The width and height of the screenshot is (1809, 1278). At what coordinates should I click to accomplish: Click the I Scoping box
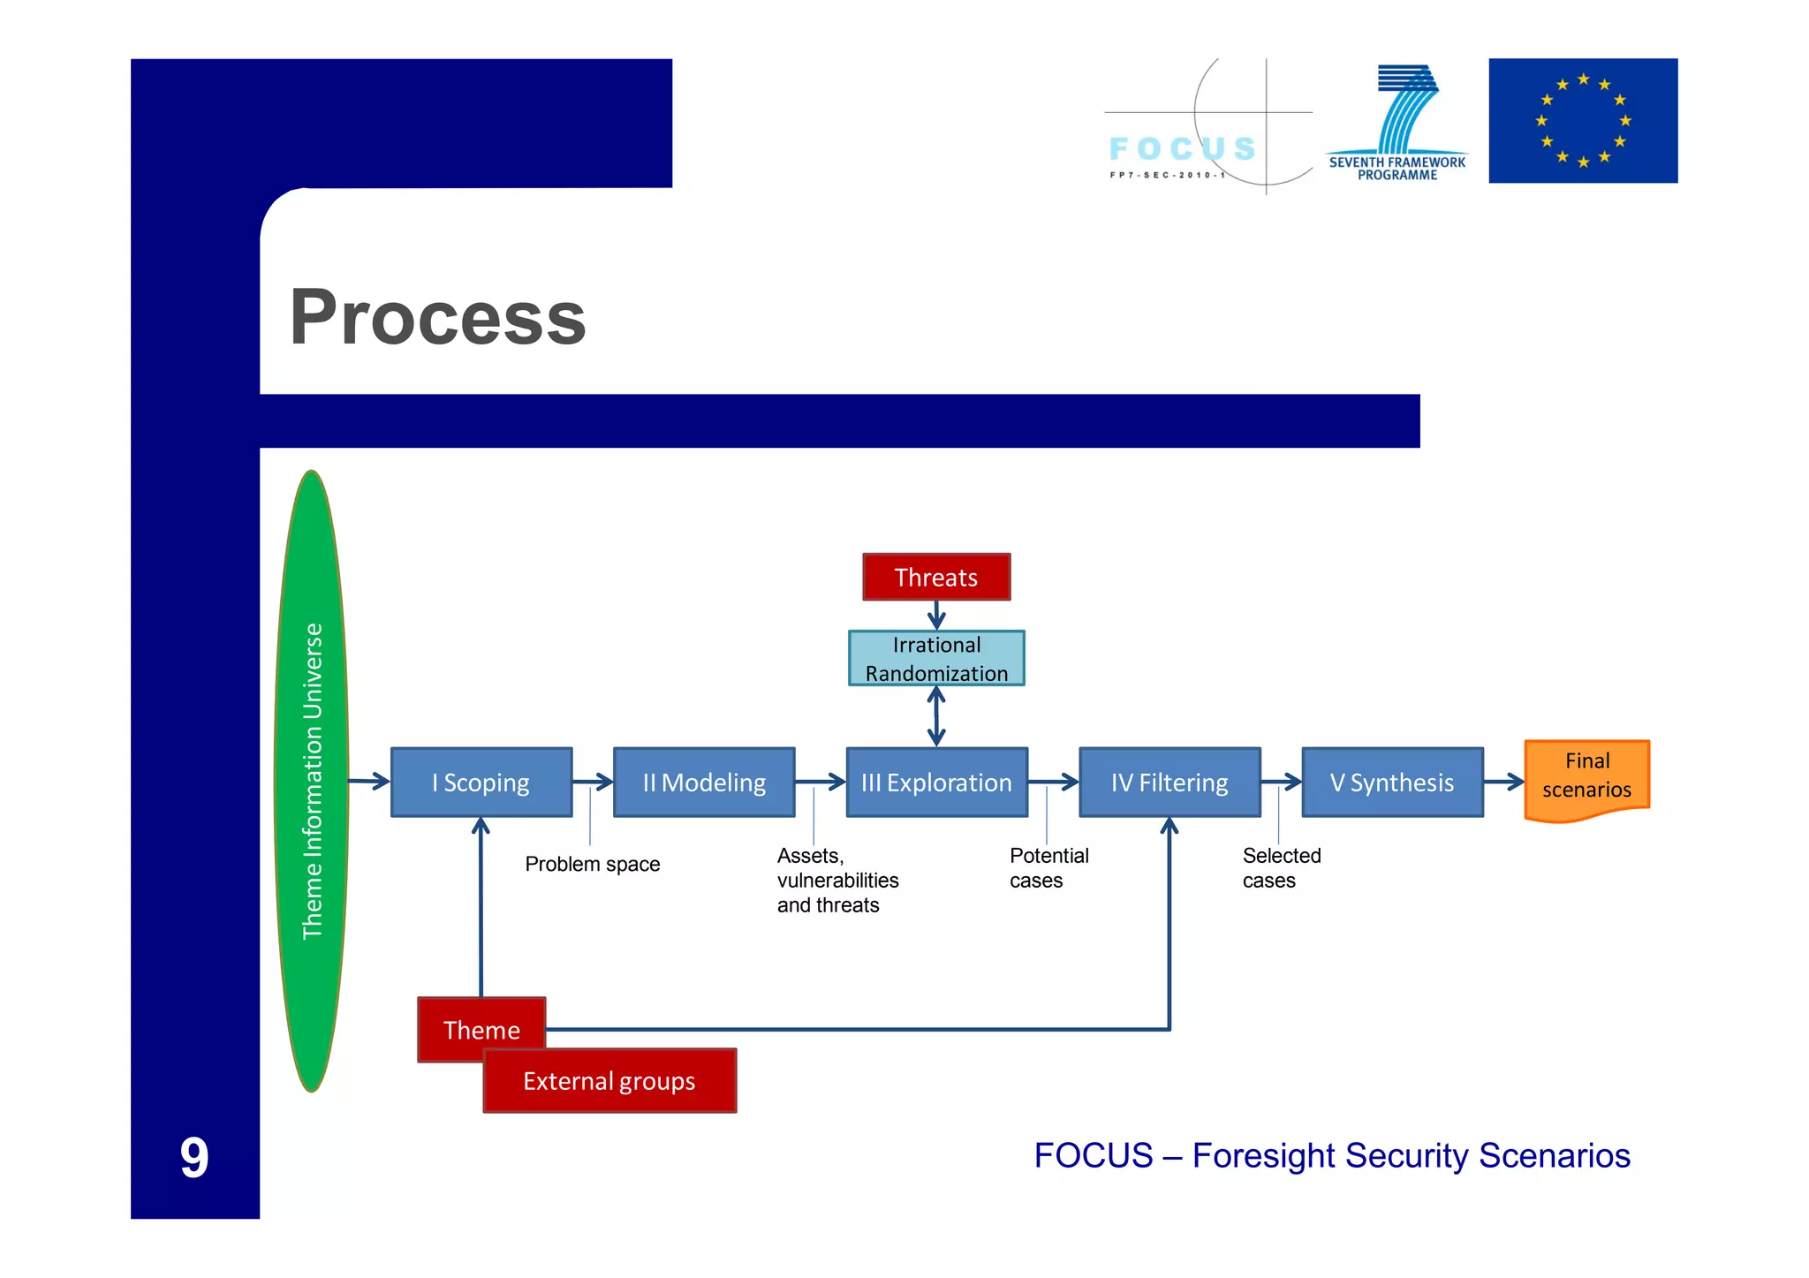[481, 783]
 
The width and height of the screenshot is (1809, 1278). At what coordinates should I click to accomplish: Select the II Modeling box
[704, 783]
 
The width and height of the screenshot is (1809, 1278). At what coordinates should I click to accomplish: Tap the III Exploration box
[936, 783]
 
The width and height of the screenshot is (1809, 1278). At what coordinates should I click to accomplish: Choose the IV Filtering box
[1169, 783]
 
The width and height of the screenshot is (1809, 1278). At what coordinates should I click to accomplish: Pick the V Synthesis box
[1392, 783]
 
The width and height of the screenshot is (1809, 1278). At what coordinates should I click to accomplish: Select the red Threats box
[936, 578]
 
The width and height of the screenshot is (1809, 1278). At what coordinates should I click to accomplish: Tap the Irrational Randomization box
[936, 659]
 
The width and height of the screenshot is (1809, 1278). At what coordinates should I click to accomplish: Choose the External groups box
[609, 1081]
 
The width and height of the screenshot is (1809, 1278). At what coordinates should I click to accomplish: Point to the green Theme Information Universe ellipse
[312, 782]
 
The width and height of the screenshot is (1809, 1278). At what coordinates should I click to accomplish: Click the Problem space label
[592, 864]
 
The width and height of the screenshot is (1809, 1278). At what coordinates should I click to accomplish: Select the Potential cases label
[1048, 867]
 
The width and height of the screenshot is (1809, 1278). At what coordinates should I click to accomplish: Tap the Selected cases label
[1281, 867]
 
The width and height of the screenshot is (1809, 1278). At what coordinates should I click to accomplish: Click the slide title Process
[438, 318]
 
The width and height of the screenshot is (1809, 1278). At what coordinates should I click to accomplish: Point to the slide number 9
[194, 1158]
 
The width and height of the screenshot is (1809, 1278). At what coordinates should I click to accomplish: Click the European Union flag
[1583, 121]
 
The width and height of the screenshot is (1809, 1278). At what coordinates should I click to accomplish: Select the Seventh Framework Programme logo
[1397, 124]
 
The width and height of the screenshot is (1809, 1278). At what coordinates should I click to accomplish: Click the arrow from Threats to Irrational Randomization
[936, 616]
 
